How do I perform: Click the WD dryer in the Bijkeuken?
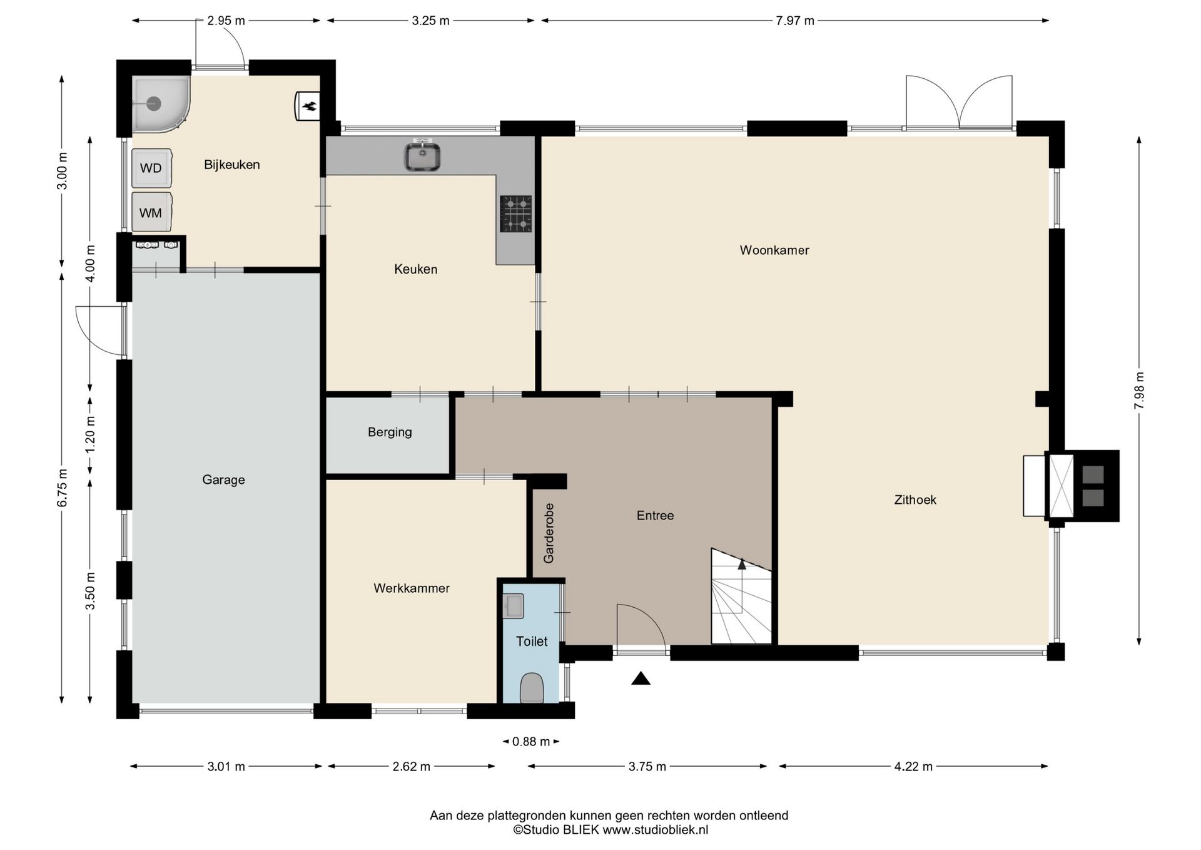tap(151, 168)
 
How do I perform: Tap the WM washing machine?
tap(151, 212)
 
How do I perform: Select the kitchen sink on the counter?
tap(422, 156)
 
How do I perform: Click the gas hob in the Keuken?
tap(516, 213)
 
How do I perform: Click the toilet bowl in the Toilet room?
tap(532, 688)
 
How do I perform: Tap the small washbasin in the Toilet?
tap(513, 606)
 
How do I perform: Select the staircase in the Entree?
tap(741, 597)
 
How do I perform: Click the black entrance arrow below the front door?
tap(641, 678)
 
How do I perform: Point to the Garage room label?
tap(223, 480)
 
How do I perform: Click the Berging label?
tap(390, 432)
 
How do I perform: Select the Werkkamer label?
tap(412, 588)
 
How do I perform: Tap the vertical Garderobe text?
tap(549, 533)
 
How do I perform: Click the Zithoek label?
tap(915, 499)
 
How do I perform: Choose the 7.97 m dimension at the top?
tap(795, 21)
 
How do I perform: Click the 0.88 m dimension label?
tap(531, 742)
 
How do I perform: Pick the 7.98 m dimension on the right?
tap(1139, 391)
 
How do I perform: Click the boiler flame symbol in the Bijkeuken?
tap(308, 105)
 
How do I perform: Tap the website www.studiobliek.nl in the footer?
tap(656, 830)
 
